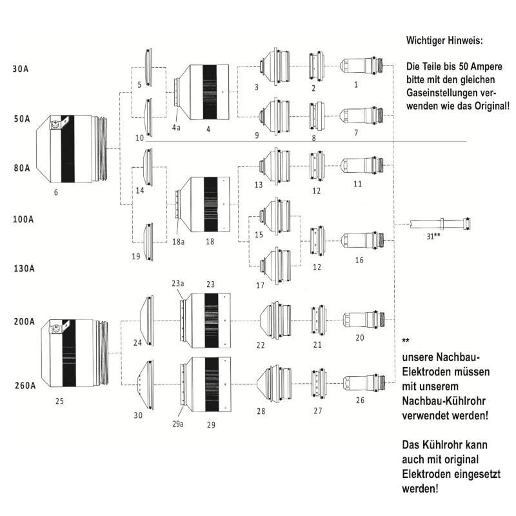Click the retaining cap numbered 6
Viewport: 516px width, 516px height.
72,149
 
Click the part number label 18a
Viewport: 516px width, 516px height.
178,241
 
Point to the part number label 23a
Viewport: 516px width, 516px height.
178,283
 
